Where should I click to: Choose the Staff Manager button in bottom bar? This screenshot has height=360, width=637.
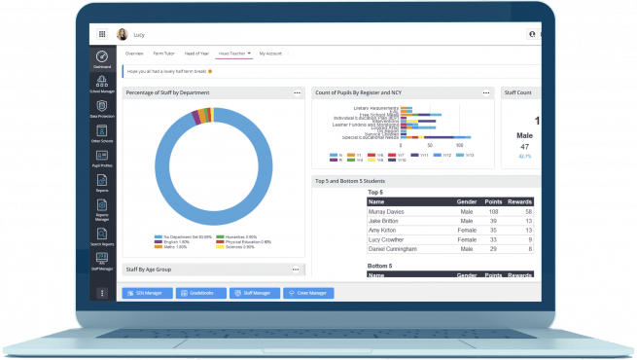256,292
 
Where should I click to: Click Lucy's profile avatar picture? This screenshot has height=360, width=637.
123,34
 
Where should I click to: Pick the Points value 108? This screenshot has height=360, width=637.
493,211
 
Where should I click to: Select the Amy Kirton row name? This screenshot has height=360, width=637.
384,230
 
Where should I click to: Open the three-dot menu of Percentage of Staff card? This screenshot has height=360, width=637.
297,92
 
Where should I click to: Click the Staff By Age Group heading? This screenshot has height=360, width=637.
148,268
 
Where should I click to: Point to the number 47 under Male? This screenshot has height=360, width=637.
524,146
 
